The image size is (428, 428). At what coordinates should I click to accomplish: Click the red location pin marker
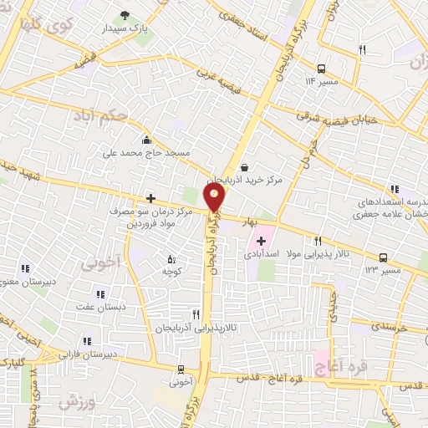point(215,196)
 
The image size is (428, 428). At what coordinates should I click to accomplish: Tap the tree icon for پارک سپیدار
point(125,15)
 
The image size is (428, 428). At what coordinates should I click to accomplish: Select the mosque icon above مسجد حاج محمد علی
point(147,140)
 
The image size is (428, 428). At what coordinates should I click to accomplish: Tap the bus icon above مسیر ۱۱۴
point(322,69)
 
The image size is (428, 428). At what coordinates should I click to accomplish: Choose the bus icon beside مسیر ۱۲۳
point(384,257)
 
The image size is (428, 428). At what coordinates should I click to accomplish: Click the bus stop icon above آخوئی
point(181,369)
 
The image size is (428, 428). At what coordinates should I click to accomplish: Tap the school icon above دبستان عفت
point(100,294)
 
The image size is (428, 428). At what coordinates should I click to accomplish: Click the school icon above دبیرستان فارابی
point(87,340)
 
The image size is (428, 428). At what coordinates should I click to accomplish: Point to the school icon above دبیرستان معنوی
point(25,268)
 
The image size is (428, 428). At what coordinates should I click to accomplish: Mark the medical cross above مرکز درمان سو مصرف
point(150,198)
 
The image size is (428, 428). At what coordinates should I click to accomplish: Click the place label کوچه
point(171,273)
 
